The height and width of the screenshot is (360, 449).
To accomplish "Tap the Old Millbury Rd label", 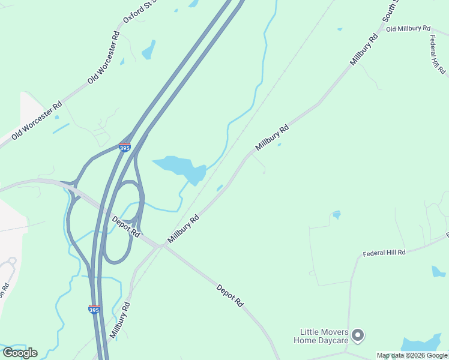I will click(x=408, y=28).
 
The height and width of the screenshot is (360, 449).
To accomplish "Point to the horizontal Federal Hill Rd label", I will click(x=384, y=253).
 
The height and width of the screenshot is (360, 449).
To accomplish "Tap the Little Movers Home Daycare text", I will click(x=321, y=337).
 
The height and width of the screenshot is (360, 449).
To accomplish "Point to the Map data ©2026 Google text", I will click(x=412, y=355).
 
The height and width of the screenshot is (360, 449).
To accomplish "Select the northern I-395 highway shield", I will click(x=124, y=147).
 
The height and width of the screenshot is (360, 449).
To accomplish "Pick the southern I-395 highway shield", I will click(x=94, y=310).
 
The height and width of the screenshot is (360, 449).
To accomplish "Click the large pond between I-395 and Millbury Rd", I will click(x=183, y=167).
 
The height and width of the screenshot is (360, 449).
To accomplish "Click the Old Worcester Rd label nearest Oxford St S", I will click(x=104, y=58).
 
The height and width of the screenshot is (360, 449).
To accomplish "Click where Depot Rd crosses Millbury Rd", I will click(x=161, y=245).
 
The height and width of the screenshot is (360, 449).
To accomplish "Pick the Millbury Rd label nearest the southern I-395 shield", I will click(x=120, y=322).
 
